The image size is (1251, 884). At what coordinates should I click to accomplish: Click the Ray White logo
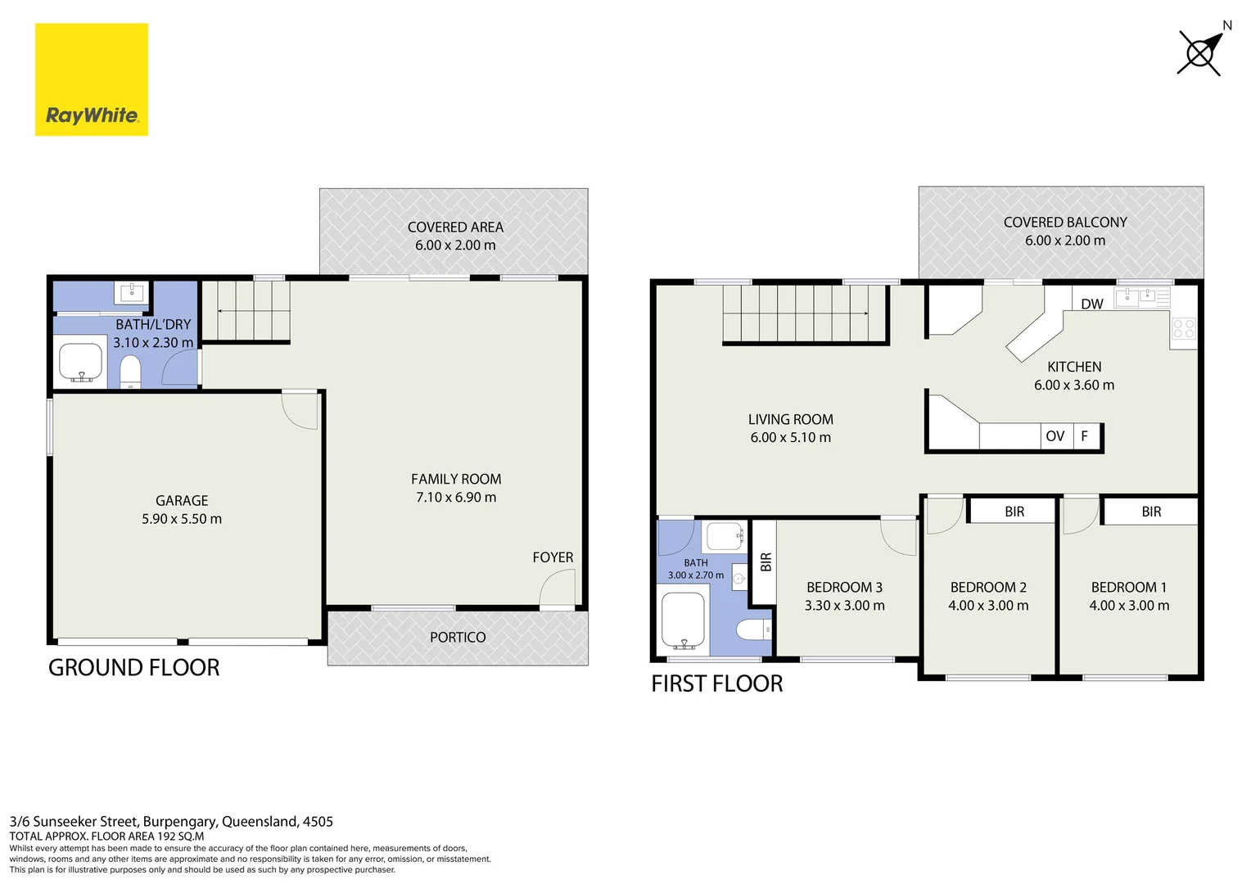click(92, 79)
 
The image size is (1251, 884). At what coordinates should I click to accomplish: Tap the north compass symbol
click(1201, 52)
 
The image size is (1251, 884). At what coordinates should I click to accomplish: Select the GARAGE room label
click(182, 500)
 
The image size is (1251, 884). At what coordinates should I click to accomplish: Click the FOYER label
click(553, 557)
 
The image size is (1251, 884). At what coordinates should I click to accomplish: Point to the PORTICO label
click(458, 637)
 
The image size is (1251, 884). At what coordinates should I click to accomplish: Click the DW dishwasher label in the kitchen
click(1092, 304)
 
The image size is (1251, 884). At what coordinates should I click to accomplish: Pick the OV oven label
click(1055, 436)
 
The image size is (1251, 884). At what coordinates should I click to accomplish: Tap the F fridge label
click(1085, 435)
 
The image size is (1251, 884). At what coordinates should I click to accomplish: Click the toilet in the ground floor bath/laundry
click(130, 370)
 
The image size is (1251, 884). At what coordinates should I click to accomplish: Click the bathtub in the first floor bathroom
click(683, 620)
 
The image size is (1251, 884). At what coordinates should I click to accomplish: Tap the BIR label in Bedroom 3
click(766, 562)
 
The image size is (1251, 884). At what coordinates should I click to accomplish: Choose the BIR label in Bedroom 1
click(1152, 512)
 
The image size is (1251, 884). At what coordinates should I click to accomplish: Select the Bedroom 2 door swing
click(945, 515)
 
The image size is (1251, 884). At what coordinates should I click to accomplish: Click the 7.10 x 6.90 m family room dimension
click(456, 497)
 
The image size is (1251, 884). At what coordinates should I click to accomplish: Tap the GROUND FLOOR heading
click(134, 667)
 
